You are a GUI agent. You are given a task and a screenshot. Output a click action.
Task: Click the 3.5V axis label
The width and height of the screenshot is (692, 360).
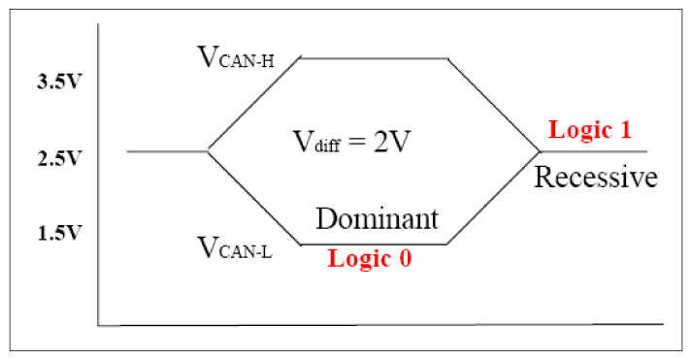point(54,82)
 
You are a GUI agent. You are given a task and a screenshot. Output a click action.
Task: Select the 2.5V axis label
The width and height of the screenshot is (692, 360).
point(54,157)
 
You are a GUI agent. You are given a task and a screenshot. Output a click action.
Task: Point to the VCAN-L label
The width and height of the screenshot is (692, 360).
point(235,248)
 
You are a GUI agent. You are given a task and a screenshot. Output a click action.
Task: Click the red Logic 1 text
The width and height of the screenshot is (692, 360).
point(590,129)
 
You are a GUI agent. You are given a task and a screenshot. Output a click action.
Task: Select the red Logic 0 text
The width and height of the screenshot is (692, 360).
point(369,259)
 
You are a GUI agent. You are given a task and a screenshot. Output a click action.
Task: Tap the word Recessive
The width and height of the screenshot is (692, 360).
point(596,178)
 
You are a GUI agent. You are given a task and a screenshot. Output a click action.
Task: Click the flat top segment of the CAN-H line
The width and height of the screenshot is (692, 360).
point(374,58)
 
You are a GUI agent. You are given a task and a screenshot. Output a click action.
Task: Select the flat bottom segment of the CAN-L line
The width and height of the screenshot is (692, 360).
point(374,245)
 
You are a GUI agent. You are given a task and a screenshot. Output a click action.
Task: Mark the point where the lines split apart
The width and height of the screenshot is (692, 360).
point(208,150)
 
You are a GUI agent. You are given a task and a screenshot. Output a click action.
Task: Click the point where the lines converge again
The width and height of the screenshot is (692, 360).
point(540,151)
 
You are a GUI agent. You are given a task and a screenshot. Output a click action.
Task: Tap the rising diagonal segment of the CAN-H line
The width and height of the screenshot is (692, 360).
point(254,104)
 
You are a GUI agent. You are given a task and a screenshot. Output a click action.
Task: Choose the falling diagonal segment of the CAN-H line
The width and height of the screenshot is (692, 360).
point(493,104)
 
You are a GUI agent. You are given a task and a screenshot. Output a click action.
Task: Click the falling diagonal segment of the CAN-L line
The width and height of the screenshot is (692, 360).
point(254,198)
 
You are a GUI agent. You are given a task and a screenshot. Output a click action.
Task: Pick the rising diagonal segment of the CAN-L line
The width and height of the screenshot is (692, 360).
point(493,198)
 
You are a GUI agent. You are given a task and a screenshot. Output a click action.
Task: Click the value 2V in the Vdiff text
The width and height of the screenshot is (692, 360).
point(396,141)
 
